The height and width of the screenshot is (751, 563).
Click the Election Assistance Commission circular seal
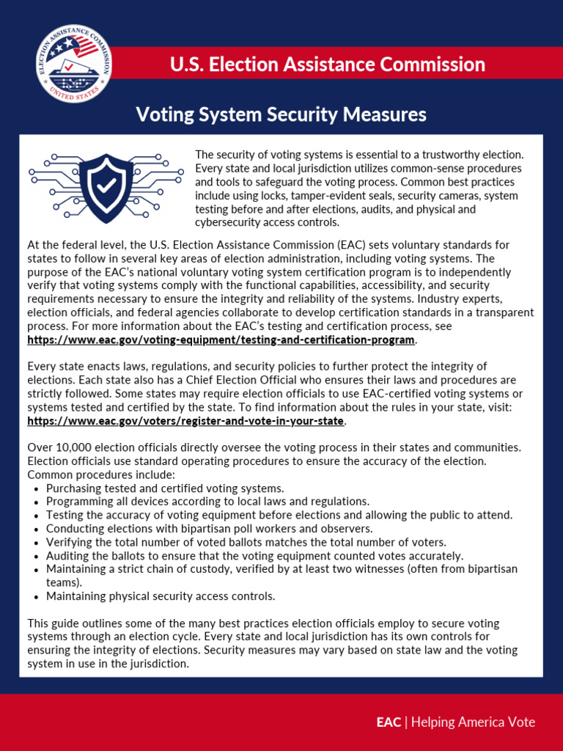[74, 64]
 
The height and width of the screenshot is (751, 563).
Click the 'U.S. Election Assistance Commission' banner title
[327, 65]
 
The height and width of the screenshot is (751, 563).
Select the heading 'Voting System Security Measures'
[281, 114]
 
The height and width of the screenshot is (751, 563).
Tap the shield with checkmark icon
[106, 187]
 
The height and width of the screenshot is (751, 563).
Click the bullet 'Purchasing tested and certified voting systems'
[165, 488]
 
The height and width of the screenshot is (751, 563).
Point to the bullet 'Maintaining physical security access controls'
[161, 596]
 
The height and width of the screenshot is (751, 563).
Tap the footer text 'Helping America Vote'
[473, 722]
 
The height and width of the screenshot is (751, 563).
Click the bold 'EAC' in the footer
[389, 722]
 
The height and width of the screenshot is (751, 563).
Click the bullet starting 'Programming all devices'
[207, 502]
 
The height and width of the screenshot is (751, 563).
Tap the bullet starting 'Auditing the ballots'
[254, 556]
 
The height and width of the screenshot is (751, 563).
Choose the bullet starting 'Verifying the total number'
[246, 542]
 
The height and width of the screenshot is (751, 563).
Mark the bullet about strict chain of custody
[281, 569]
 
